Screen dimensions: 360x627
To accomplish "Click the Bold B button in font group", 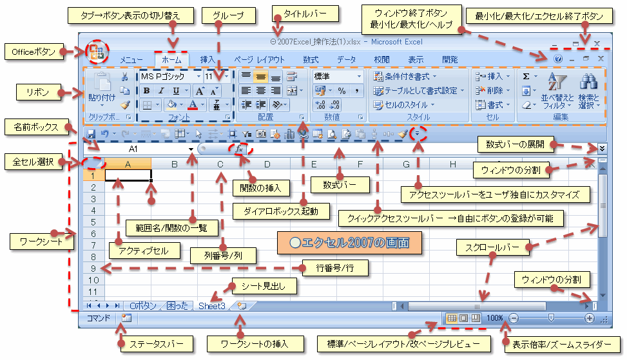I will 146,90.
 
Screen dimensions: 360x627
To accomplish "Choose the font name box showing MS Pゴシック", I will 166,76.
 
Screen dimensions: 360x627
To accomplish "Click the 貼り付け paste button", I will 101,90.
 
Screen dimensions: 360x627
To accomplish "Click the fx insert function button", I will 240,149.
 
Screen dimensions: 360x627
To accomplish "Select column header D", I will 267,164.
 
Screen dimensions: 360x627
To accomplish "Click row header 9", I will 93,269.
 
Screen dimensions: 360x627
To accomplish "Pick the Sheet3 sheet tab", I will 212,306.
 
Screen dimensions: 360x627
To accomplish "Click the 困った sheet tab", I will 177,306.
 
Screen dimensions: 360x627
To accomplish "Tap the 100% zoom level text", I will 495,318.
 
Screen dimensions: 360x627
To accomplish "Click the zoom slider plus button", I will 589,318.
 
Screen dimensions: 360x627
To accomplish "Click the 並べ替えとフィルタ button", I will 553,90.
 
